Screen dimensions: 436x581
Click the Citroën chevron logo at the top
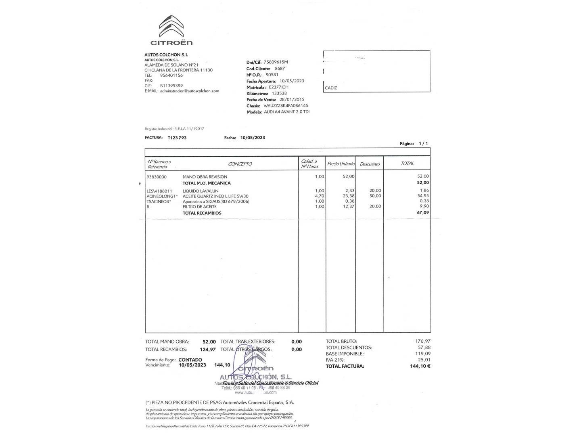point(171,27)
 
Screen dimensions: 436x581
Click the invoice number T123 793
point(177,138)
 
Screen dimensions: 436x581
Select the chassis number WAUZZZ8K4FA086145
point(286,106)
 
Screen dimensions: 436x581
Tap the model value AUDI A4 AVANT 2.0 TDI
point(286,112)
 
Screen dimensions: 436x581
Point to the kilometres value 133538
point(279,93)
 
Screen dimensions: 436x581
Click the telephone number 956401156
point(171,75)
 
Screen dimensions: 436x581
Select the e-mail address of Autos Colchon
point(189,91)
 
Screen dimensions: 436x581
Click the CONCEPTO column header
point(240,164)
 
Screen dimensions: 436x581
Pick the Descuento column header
point(370,164)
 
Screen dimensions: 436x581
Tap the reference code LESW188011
point(159,191)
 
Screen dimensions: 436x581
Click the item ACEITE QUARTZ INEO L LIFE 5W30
point(215,196)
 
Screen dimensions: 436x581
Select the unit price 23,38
point(349,196)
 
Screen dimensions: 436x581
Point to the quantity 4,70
point(319,196)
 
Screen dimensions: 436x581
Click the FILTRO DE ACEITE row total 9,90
point(424,206)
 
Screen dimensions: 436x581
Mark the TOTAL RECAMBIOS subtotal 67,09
point(423,212)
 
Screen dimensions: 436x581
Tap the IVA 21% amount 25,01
point(424,360)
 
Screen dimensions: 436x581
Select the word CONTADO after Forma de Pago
point(190,360)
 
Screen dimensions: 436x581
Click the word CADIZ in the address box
point(331,88)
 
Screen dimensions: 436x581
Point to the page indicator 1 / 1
point(423,143)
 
